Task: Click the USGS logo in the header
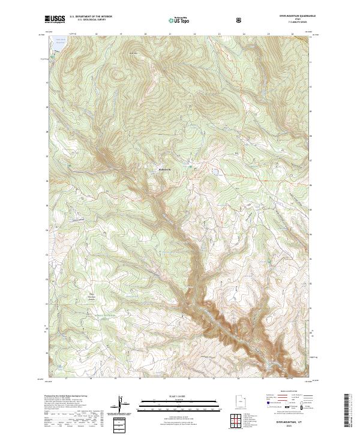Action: (x=55, y=20)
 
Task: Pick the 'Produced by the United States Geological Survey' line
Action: (x=67, y=397)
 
